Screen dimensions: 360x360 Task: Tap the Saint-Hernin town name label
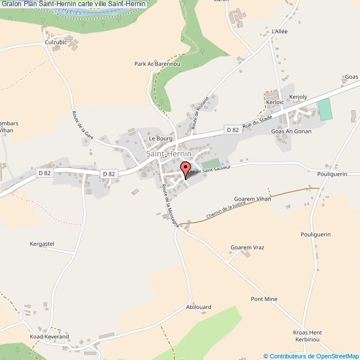click(169, 154)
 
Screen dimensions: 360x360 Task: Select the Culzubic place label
click(56, 42)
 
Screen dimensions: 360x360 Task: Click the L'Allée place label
click(280, 32)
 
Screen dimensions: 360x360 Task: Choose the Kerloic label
click(275, 102)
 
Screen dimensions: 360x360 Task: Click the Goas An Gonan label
click(291, 131)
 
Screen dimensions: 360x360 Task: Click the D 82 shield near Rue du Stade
click(233, 130)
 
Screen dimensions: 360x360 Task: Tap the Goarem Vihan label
click(252, 198)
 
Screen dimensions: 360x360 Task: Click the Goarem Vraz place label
click(248, 247)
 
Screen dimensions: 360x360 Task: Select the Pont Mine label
click(264, 299)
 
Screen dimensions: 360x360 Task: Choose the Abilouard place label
click(199, 306)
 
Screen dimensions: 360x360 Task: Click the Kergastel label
click(42, 244)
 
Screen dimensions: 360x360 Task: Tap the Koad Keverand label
click(49, 336)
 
